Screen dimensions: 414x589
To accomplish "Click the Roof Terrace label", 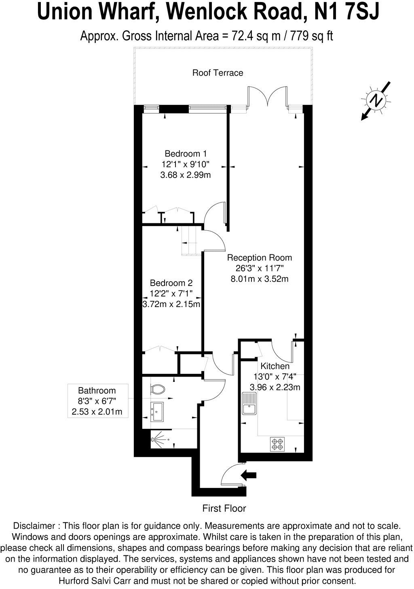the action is click(x=218, y=72).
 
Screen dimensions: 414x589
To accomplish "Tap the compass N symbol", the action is click(x=376, y=100).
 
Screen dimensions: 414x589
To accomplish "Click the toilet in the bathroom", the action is click(x=157, y=389).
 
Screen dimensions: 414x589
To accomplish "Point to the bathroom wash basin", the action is click(x=157, y=412).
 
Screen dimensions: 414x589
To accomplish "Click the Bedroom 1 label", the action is click(x=186, y=153).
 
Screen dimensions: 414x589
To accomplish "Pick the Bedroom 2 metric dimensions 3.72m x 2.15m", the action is click(x=171, y=304).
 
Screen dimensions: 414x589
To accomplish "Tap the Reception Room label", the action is click(x=260, y=257).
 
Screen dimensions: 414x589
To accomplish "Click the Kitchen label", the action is click(x=275, y=366).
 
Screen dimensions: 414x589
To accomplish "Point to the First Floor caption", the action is click(x=224, y=508).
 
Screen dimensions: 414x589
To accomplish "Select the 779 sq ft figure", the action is click(x=311, y=36).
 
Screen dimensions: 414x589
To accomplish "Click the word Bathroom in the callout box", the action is click(x=97, y=390).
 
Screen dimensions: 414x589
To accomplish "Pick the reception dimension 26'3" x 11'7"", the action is click(x=260, y=268).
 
